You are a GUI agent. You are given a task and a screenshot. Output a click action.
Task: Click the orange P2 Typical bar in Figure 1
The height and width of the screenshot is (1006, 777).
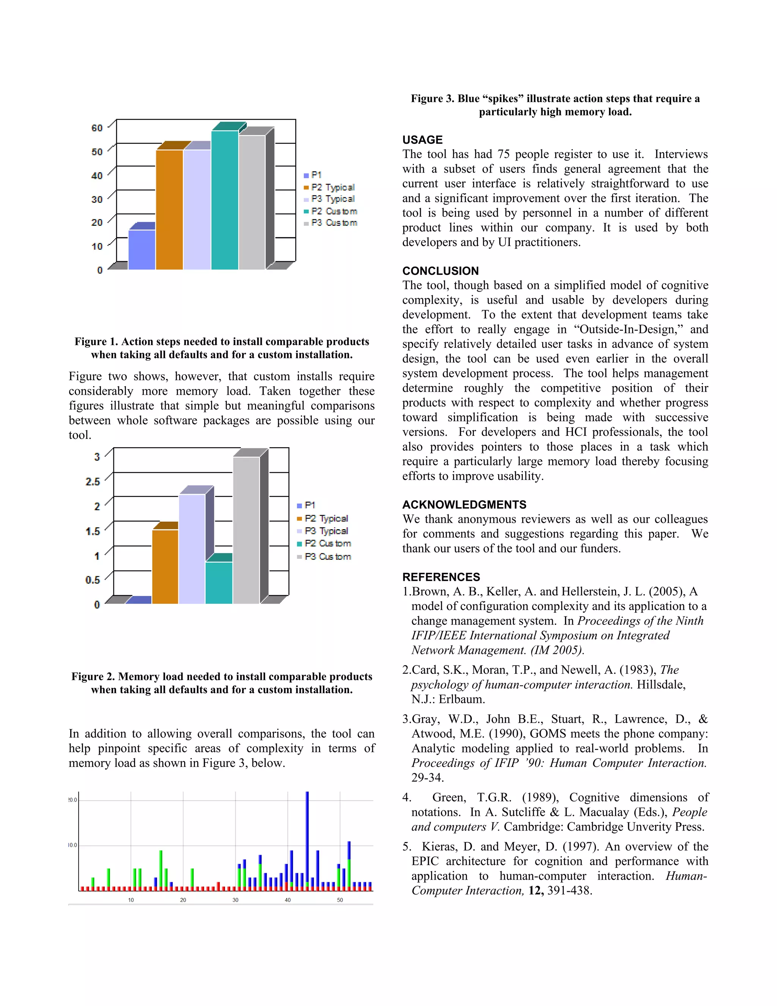[x=169, y=210]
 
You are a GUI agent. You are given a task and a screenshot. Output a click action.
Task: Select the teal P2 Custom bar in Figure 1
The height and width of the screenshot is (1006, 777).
[x=225, y=200]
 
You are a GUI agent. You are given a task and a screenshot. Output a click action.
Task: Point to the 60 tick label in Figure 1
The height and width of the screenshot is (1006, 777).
[x=97, y=128]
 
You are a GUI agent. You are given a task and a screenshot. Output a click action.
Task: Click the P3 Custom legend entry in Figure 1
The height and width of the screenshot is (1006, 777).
[x=334, y=223]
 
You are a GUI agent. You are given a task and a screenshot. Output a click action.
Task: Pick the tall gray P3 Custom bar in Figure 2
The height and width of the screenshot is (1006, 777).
[x=246, y=530]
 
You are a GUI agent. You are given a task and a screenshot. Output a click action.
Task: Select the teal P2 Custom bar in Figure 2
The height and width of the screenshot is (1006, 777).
[x=219, y=583]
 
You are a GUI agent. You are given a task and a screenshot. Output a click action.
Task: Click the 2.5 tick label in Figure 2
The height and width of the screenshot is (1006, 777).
[x=93, y=482]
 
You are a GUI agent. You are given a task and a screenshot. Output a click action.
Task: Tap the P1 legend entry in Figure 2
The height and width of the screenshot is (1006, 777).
[x=310, y=505]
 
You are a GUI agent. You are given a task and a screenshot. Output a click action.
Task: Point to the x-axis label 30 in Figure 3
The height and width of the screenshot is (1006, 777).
[x=235, y=900]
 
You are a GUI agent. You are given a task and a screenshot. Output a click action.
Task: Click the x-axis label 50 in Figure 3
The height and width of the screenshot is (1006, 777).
[x=340, y=900]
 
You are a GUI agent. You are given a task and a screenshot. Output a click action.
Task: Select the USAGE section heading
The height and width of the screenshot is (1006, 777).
[x=422, y=140]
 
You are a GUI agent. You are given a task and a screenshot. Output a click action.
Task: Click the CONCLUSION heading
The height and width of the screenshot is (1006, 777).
[x=440, y=271]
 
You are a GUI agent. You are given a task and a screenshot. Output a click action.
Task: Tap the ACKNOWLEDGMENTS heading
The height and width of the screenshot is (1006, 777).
[x=464, y=505]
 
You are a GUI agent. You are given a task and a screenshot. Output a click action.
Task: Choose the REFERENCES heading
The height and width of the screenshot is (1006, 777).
[x=441, y=577]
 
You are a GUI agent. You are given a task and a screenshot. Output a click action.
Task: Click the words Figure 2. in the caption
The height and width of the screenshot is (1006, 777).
[x=93, y=676]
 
